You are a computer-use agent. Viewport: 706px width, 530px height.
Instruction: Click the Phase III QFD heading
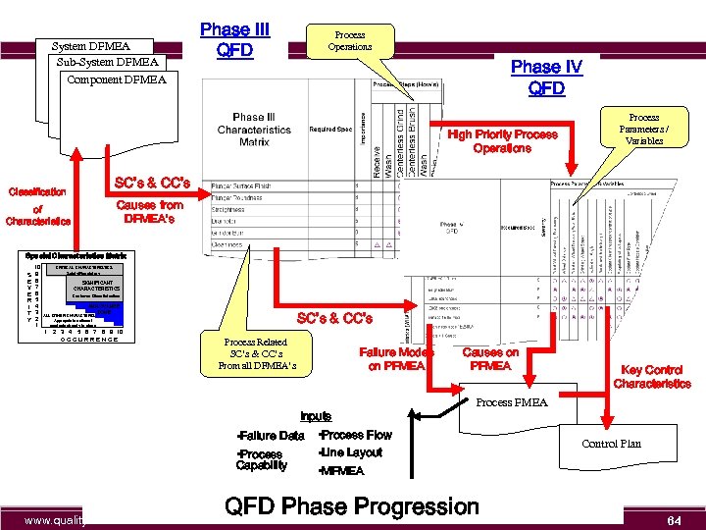tap(234, 40)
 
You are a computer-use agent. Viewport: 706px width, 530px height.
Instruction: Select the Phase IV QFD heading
tap(546, 78)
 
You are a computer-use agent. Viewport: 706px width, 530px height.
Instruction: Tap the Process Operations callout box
tap(349, 40)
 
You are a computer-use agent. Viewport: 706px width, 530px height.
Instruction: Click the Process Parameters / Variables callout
tap(644, 128)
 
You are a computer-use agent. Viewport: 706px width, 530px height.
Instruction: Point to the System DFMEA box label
tap(90, 45)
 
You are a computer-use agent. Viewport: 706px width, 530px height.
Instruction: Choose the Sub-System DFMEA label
tap(107, 62)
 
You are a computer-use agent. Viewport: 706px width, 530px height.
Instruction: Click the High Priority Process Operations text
tap(502, 141)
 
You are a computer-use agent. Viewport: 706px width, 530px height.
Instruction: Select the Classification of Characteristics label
tap(38, 206)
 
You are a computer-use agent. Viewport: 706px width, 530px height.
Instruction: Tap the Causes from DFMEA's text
tap(149, 212)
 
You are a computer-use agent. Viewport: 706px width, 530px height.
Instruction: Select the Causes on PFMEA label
tap(490, 359)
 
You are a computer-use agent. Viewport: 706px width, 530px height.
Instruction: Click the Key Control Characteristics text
tap(652, 377)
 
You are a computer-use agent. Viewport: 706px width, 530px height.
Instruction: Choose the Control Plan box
tap(611, 444)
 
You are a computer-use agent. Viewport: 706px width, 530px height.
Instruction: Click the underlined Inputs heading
tap(316, 416)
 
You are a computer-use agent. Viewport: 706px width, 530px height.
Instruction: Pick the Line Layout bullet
tap(350, 452)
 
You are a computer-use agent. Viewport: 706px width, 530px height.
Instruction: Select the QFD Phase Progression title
tap(352, 506)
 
